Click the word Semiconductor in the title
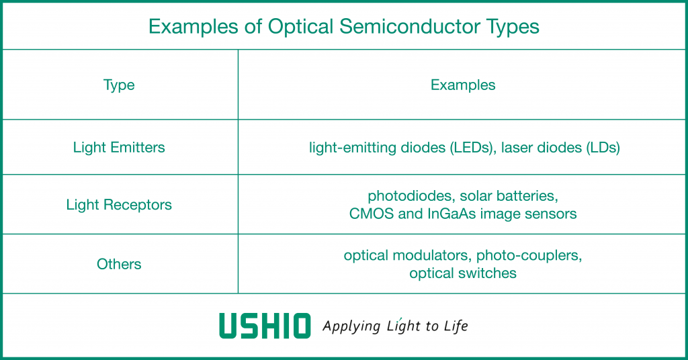410,26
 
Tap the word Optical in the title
301,27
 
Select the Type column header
119,85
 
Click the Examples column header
463,85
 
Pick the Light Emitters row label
119,147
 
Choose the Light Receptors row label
119,205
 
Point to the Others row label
119,264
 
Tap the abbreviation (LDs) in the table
603,147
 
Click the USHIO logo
265,325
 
